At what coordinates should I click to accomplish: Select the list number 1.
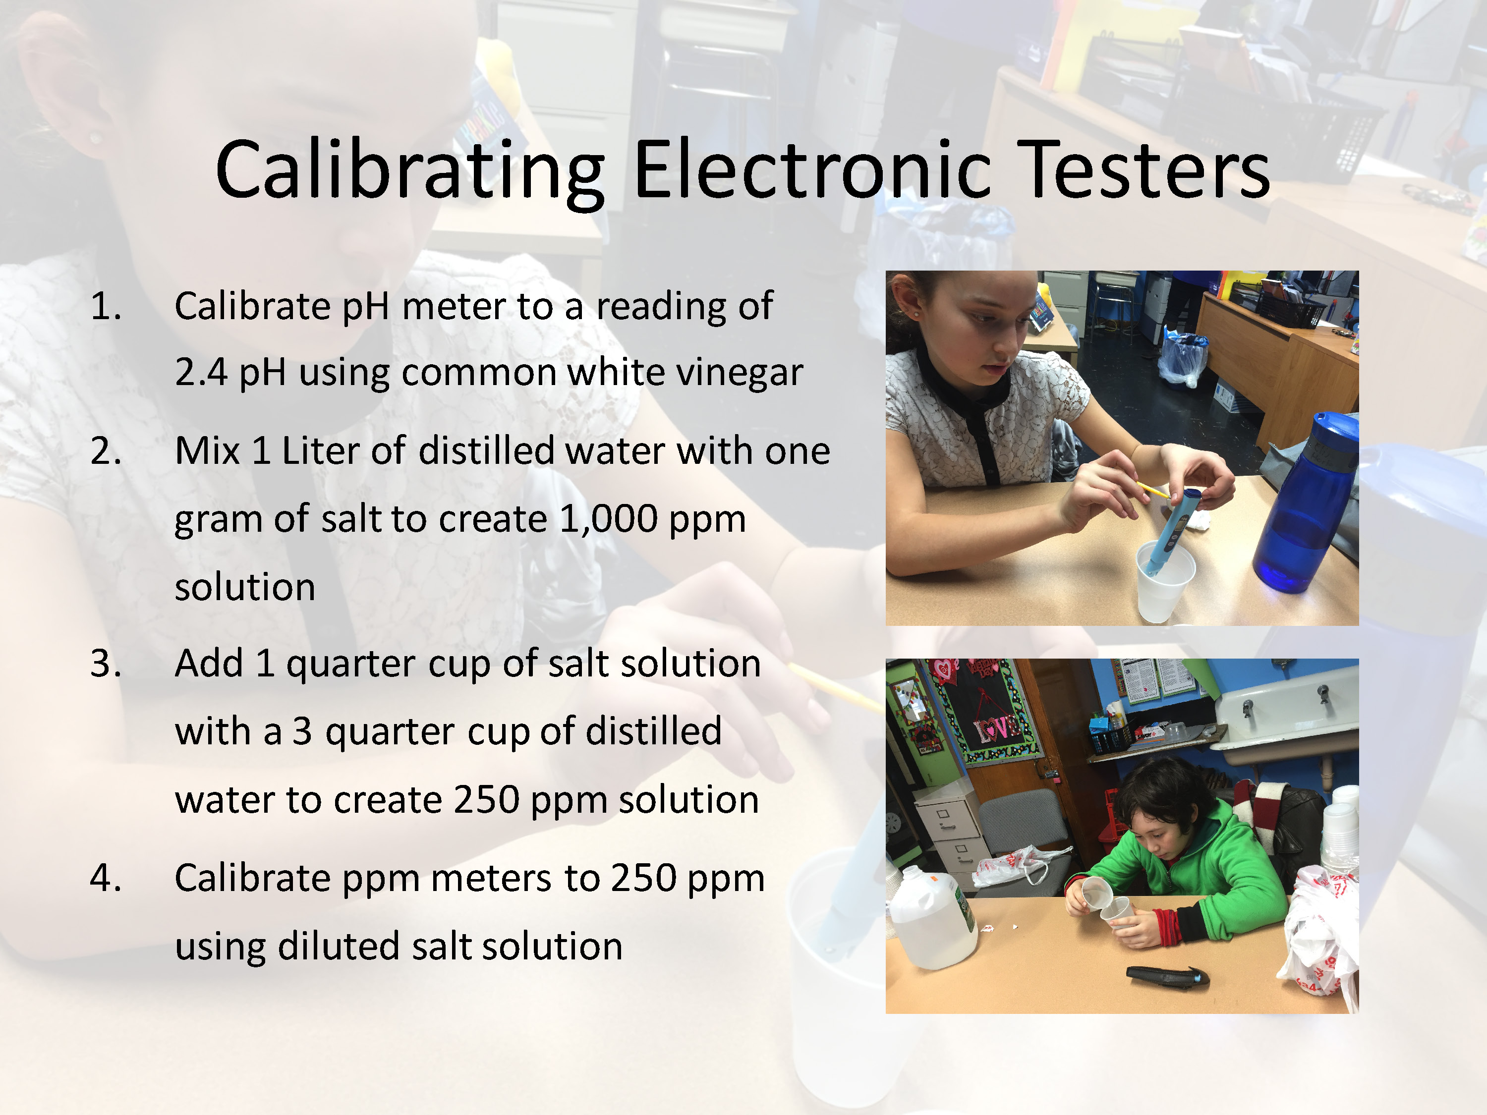[x=106, y=306]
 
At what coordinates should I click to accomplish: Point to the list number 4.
[x=106, y=877]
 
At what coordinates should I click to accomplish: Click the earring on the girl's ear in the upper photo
[x=915, y=314]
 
